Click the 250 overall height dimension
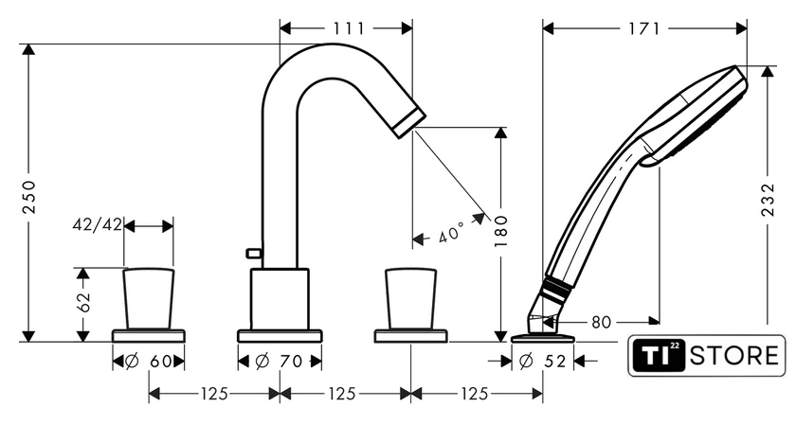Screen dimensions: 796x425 pos(29,197)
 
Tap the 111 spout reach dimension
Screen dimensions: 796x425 pos(349,28)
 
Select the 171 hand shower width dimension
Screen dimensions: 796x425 pos(643,28)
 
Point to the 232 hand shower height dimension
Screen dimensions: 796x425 pos(769,200)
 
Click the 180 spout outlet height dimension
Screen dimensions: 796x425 pos(501,231)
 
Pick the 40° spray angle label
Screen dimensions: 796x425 pos(450,232)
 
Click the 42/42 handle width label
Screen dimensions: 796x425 pos(98,224)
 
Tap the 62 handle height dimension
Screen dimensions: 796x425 pos(83,302)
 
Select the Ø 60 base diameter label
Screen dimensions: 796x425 pos(148,361)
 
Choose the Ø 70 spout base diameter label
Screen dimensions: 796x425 pos(279,361)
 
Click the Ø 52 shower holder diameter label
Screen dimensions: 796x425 pos(542,361)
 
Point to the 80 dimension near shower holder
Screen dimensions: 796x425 pos(601,322)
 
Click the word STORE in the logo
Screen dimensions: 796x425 pos(734,355)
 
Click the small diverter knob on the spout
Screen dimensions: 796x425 pos(253,252)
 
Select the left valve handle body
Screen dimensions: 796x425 pos(149,299)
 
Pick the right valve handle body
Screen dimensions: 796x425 pos(410,299)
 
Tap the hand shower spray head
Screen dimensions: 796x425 pos(696,115)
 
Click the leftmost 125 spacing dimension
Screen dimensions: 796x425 pos(214,394)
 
